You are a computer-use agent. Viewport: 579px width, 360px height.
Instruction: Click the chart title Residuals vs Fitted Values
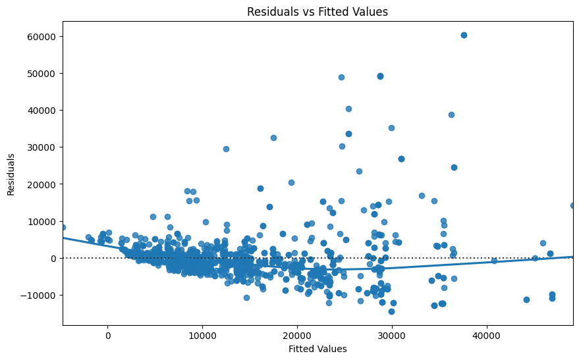click(x=317, y=11)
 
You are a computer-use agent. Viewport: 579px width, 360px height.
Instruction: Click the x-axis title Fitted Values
click(x=317, y=349)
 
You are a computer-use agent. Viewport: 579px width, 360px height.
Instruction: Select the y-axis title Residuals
click(x=11, y=174)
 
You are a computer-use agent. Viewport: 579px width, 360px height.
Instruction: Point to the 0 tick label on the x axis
click(x=107, y=335)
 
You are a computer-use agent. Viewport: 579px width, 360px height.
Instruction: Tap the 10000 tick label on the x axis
click(x=202, y=335)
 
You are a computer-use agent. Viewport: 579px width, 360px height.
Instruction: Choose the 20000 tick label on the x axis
click(x=297, y=335)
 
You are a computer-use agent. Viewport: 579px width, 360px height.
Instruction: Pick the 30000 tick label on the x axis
click(x=392, y=335)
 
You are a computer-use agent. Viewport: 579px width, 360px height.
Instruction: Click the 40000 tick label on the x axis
click(x=487, y=335)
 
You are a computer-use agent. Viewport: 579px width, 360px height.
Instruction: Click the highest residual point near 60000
click(x=464, y=35)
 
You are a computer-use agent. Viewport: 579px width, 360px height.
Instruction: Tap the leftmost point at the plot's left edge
click(x=63, y=227)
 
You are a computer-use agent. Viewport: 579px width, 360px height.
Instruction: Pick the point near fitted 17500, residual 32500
click(x=273, y=138)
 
